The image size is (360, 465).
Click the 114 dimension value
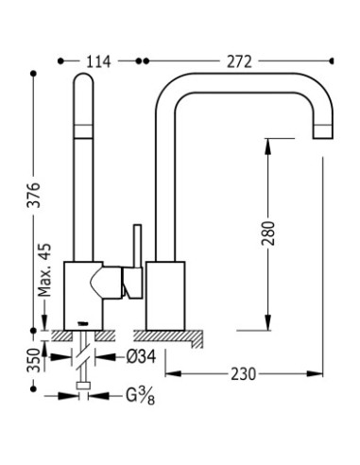(98, 61)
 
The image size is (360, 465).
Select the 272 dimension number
(239, 61)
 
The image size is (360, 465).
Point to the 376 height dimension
(34, 195)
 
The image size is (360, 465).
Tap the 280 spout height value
(268, 233)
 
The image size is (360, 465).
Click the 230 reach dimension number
(244, 374)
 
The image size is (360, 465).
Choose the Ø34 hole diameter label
(141, 357)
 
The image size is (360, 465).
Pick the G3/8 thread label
(141, 396)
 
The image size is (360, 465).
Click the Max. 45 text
(44, 270)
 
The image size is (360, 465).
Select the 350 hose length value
(34, 360)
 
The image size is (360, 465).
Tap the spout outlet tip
(323, 138)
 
